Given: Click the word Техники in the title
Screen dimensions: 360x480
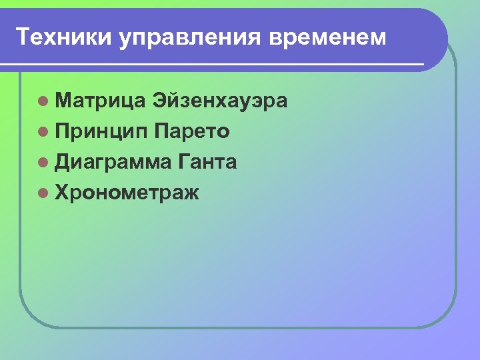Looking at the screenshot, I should [x=65, y=37].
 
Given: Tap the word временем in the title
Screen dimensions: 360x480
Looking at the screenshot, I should [x=328, y=37].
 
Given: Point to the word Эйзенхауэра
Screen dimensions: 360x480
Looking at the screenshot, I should [x=220, y=101].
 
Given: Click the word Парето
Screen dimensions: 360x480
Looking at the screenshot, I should [x=191, y=131].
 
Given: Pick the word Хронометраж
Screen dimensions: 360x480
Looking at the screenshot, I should [x=127, y=193].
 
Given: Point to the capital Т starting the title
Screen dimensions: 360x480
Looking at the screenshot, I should [x=23, y=37].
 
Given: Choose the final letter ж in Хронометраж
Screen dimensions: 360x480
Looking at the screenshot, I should [x=191, y=193].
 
